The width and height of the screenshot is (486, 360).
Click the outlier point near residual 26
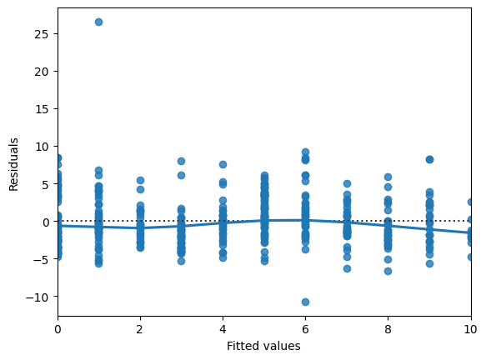[x=98, y=22]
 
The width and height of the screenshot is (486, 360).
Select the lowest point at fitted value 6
[x=305, y=302]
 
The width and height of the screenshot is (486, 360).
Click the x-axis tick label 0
[x=58, y=329]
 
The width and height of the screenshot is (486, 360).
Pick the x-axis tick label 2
[x=140, y=329]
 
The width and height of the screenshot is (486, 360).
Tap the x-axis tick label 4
[x=223, y=329]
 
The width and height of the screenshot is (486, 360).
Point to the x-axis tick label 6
[x=305, y=329]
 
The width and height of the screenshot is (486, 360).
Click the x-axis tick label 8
[x=388, y=329]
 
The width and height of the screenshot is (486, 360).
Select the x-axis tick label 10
[x=470, y=329]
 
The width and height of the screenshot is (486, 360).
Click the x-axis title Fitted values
[x=264, y=346]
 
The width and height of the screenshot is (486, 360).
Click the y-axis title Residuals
[x=14, y=162]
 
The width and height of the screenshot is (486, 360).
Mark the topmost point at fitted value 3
[x=181, y=161]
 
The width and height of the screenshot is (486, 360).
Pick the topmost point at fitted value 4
[x=223, y=165]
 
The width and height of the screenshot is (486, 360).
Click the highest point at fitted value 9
[x=429, y=159]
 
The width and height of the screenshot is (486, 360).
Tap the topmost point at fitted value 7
[x=347, y=183]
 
